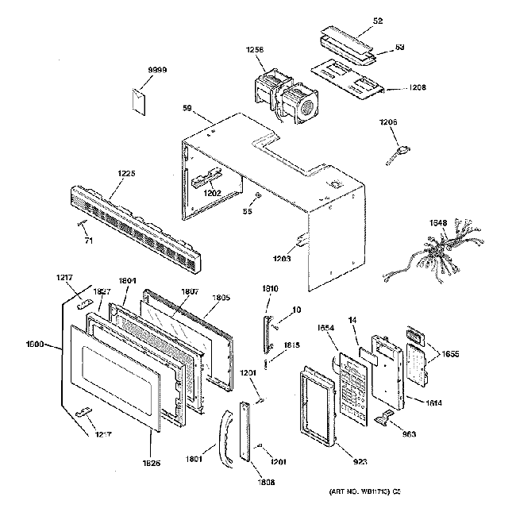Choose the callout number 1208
pos(418,87)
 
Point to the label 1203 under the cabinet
pos(283,258)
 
